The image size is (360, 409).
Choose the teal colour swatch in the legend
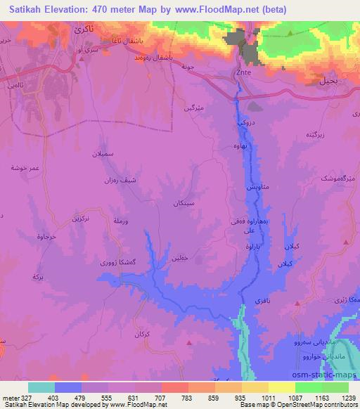tap(41, 387)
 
